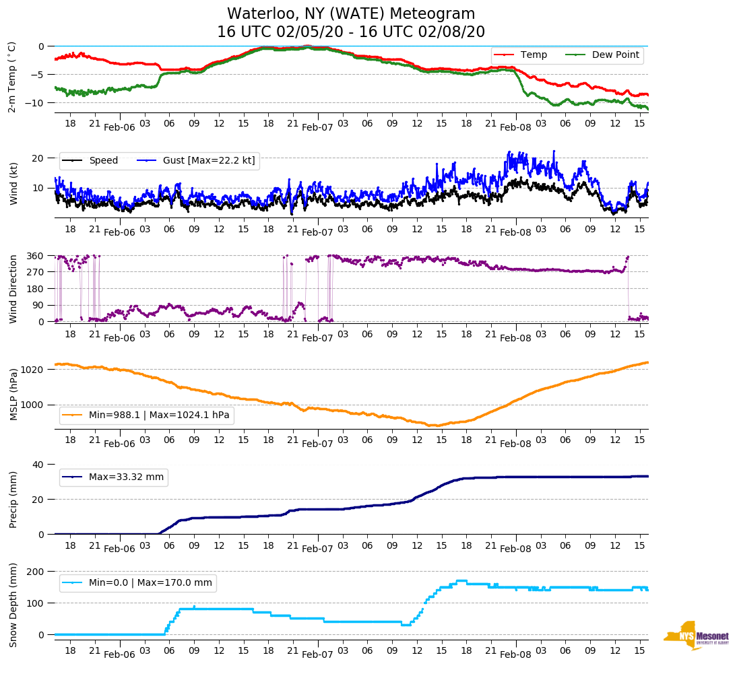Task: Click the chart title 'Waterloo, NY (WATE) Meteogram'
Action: tap(351, 14)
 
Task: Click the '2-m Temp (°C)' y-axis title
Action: tap(11, 77)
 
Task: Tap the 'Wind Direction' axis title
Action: tap(13, 288)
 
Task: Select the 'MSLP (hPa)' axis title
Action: tap(13, 395)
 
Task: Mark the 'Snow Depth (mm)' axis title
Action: tap(13, 604)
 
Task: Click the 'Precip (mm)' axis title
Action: tap(13, 500)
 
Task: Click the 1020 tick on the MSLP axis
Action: tap(34, 370)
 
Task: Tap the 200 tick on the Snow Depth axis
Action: tap(36, 571)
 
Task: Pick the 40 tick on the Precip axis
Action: tap(38, 465)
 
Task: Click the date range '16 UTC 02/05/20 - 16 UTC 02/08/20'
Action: tap(351, 32)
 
